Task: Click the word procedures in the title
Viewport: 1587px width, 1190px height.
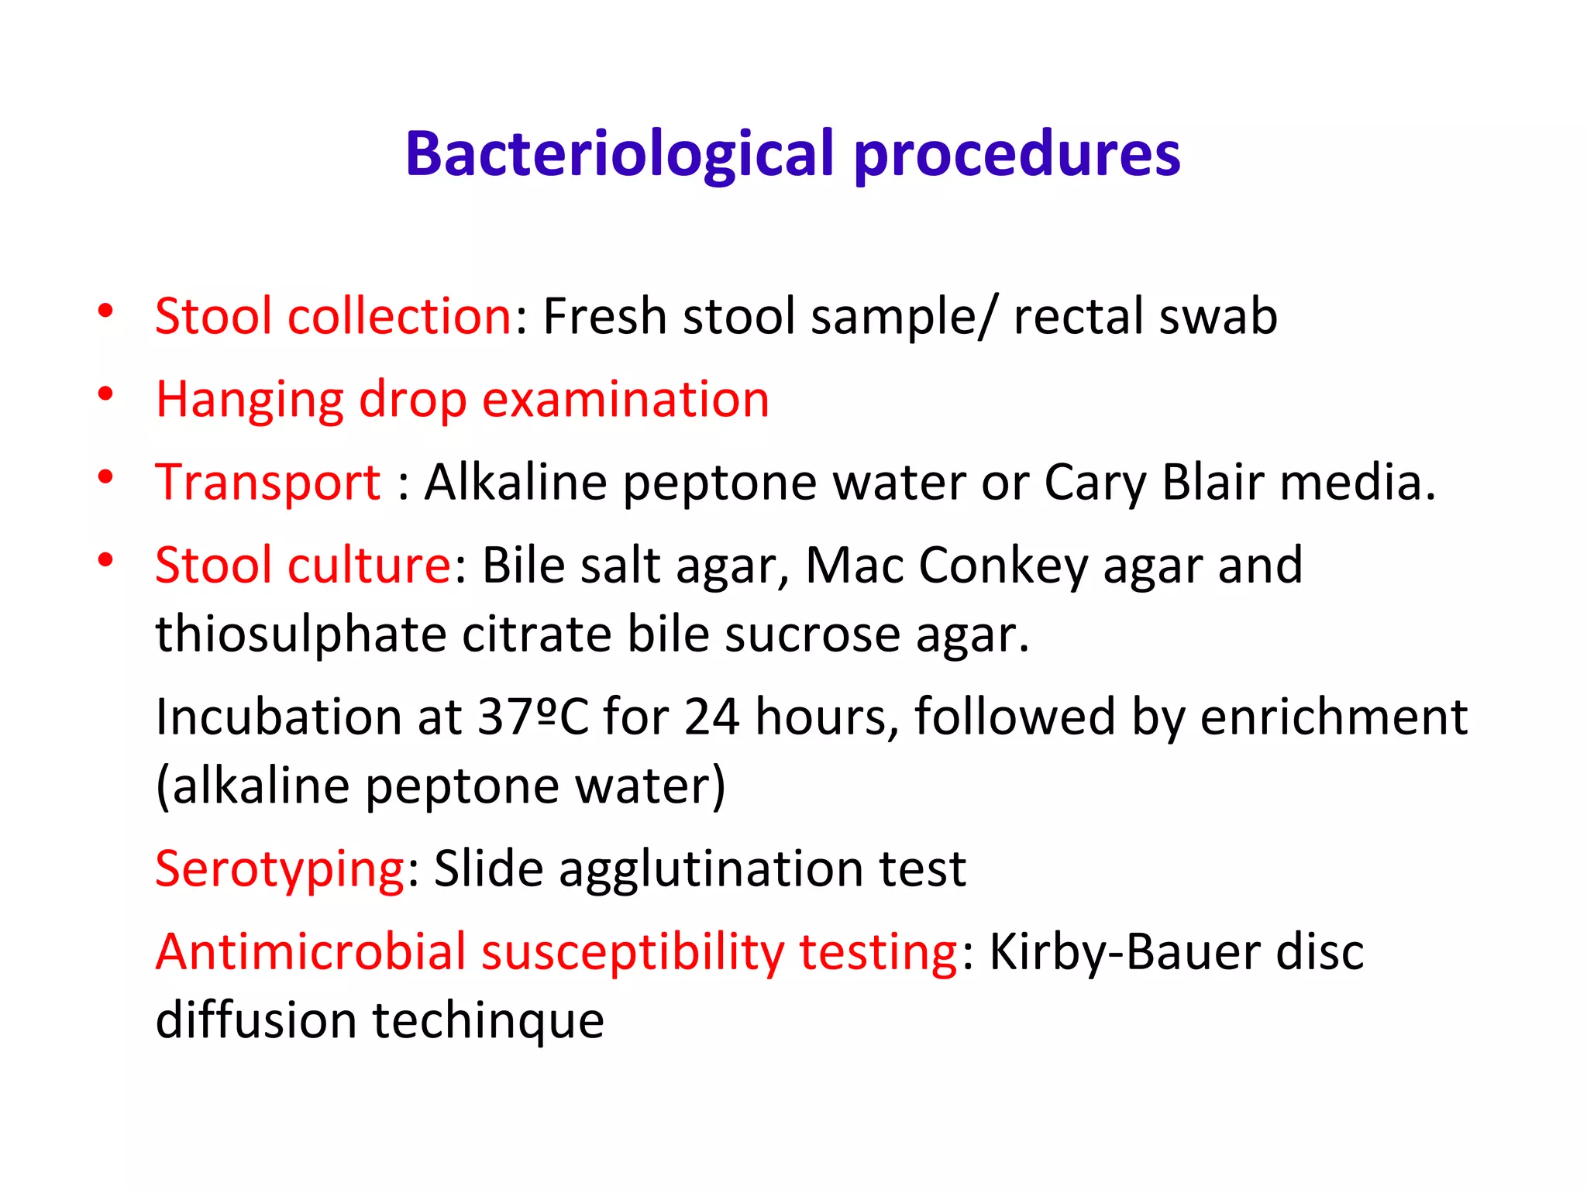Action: tap(1017, 154)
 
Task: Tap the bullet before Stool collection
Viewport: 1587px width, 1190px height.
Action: tap(106, 312)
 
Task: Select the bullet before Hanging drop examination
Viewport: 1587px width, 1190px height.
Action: tap(106, 395)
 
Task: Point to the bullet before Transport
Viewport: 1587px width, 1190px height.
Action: tap(106, 478)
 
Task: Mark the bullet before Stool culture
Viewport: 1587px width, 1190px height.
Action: tap(106, 560)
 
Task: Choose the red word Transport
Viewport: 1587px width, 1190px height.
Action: tap(268, 482)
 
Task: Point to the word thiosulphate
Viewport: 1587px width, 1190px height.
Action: tap(301, 635)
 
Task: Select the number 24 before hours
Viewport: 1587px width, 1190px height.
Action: tap(711, 717)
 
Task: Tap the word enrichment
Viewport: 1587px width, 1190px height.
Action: tap(1333, 717)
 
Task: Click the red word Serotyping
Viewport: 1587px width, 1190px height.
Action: tap(280, 869)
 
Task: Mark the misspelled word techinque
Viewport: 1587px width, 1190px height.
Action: tap(488, 1020)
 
